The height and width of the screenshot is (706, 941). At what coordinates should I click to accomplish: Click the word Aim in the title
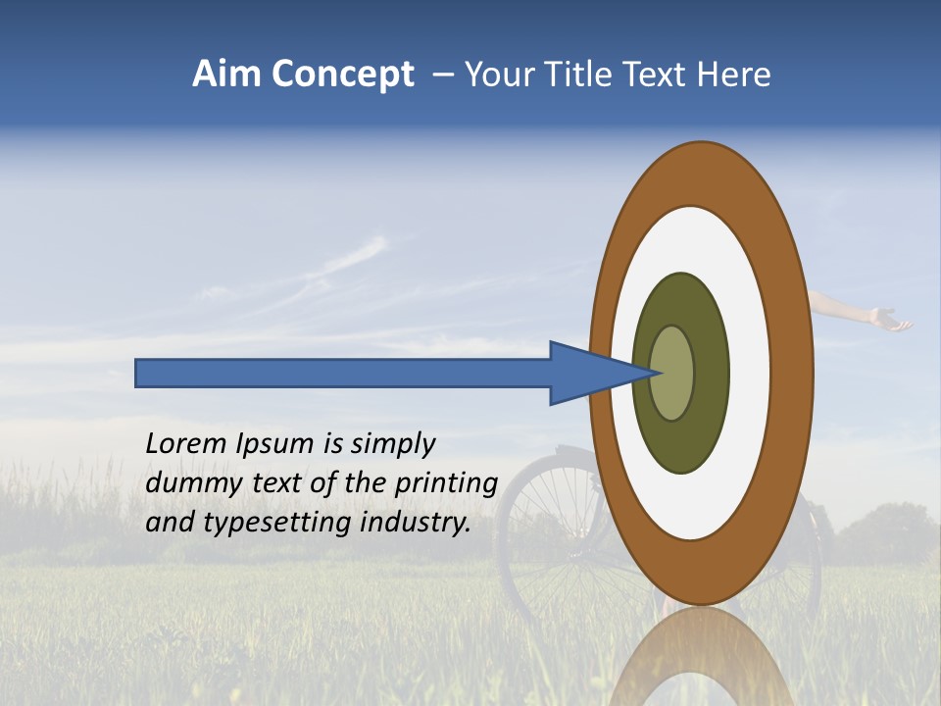pyautogui.click(x=226, y=75)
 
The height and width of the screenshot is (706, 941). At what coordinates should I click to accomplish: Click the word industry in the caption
pyautogui.click(x=416, y=522)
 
